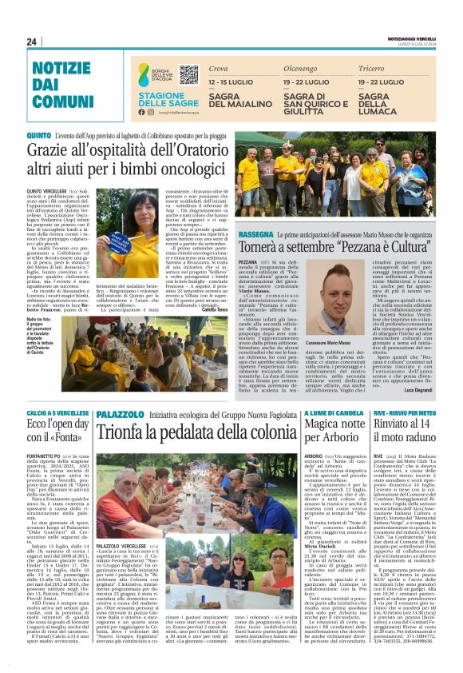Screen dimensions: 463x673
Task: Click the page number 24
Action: pos(32,42)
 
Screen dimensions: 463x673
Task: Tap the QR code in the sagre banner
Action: pos(188,76)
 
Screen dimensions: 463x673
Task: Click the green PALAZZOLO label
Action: pos(118,413)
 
